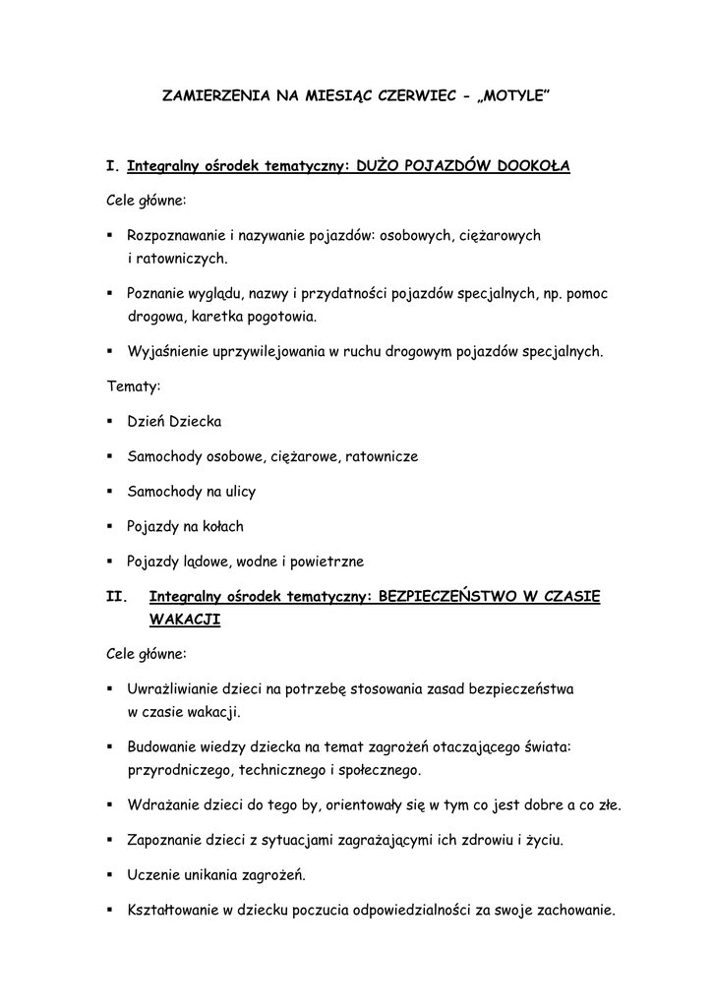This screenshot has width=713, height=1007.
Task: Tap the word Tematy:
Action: coord(134,386)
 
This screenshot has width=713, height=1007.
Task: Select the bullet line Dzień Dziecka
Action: coord(174,421)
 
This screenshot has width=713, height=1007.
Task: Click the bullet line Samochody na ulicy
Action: coord(191,491)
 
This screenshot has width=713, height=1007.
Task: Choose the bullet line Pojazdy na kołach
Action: coord(185,526)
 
